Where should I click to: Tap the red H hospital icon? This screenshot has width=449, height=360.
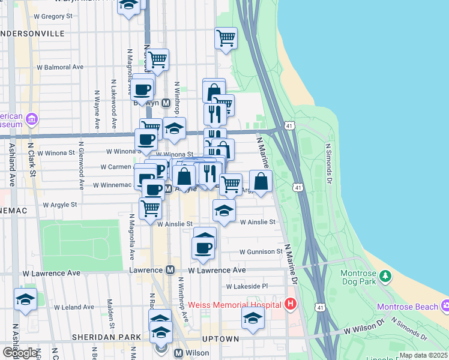(x=291, y=304)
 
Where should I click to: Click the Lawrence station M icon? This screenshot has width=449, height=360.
(x=170, y=271)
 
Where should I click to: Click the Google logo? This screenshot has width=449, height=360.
(x=20, y=352)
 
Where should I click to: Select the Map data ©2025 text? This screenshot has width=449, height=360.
(x=423, y=355)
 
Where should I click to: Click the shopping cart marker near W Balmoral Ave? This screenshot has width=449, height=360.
(x=157, y=59)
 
